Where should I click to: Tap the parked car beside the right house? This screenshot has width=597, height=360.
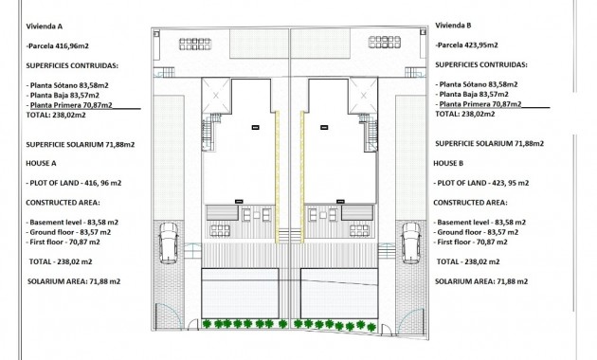pyautogui.click(x=411, y=243)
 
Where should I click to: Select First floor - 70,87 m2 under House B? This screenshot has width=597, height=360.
pyautogui.click(x=478, y=243)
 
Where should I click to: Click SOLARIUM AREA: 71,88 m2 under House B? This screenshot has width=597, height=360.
pyautogui.click(x=481, y=281)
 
